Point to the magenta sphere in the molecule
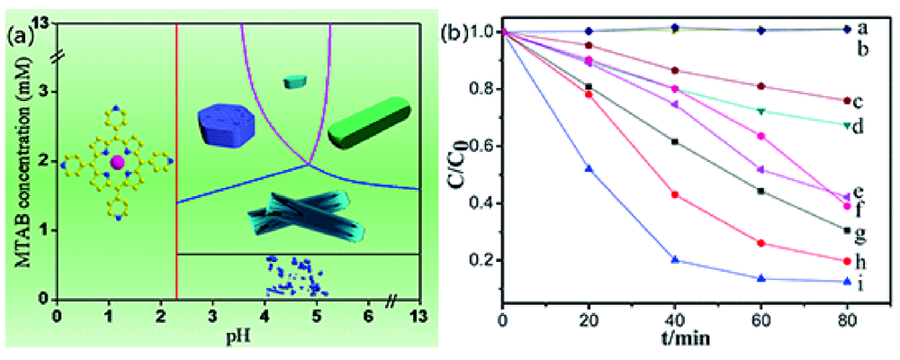coord(117,162)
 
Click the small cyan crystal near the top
coord(295,82)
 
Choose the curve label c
coord(859,101)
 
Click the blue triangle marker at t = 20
coord(589,168)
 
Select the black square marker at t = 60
coord(760,191)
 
